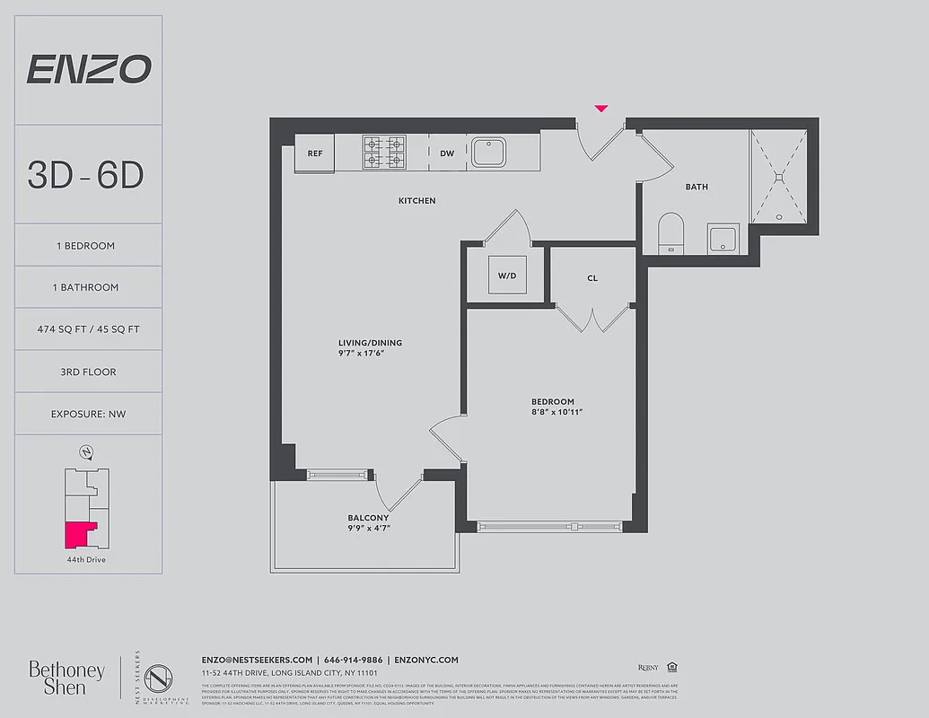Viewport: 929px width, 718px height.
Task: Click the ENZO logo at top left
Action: coord(88,69)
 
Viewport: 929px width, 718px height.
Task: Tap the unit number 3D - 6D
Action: coord(86,175)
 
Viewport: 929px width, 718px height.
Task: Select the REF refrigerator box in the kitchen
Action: coord(315,153)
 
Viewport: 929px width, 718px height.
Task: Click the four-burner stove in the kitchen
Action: coord(384,153)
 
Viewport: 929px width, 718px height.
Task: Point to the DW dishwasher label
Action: coord(447,153)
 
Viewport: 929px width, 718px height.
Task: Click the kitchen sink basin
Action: coord(490,152)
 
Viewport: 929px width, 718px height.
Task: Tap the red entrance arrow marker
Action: coord(601,109)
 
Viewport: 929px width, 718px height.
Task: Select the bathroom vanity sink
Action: coord(722,240)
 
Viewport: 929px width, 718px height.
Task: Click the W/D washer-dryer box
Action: coord(507,276)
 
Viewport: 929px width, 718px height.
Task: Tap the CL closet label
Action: coord(592,278)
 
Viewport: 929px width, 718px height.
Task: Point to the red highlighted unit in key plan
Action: coord(79,535)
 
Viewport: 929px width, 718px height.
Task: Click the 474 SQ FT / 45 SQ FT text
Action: coord(88,329)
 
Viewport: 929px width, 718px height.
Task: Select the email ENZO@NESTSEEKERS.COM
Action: coord(257,660)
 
